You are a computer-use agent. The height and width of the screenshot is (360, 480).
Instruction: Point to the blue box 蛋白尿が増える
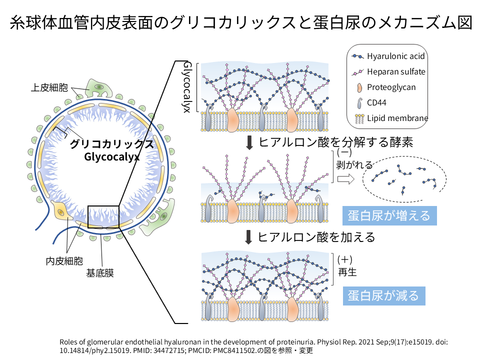tap(389, 215)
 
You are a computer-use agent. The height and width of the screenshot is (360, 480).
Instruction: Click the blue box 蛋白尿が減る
tap(383, 295)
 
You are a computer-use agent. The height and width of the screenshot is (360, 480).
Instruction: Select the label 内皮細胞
tap(64, 260)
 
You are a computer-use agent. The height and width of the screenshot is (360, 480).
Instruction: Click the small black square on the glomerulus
tap(103, 216)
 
